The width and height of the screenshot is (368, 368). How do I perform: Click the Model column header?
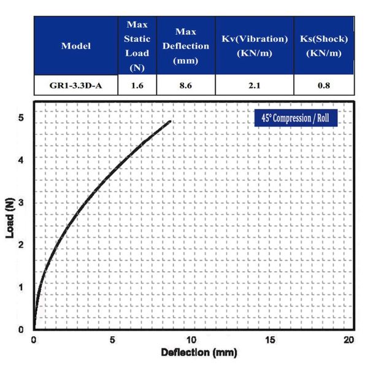coord(76,46)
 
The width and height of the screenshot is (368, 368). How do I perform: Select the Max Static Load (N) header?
coord(137,46)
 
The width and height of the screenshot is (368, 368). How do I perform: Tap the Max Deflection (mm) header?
coord(186,46)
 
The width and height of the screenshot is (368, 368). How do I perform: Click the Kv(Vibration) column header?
coord(255,46)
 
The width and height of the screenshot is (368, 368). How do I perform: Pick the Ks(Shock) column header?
coord(323,46)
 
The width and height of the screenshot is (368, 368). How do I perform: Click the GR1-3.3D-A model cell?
coord(76,86)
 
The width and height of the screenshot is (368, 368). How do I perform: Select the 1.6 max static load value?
coord(137,86)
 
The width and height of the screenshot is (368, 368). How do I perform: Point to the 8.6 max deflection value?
coord(186,86)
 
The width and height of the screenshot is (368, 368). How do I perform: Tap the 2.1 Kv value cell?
coord(255,86)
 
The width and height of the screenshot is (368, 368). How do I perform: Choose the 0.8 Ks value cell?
coord(323,86)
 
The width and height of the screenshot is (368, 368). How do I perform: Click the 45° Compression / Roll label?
coord(296,118)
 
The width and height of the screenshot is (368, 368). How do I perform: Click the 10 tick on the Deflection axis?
coord(191,340)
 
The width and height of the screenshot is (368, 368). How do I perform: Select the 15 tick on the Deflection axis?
coord(270,340)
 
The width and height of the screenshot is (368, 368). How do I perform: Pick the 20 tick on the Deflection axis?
coord(349,340)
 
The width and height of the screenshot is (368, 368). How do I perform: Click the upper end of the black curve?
coord(169,121)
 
